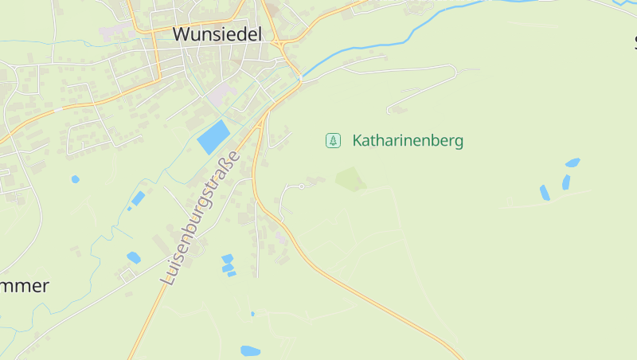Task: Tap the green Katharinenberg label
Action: click(x=407, y=141)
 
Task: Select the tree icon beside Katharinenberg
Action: click(x=333, y=141)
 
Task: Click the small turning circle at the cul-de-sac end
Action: click(x=302, y=186)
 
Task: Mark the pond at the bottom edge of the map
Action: click(x=250, y=350)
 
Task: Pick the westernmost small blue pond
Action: click(x=75, y=179)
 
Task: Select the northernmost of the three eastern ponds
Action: click(x=573, y=162)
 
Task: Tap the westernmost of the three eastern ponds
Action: click(x=545, y=193)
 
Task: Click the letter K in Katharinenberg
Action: click(x=358, y=141)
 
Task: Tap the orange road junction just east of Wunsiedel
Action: click(x=283, y=46)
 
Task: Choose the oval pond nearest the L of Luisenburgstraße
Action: click(x=133, y=257)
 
